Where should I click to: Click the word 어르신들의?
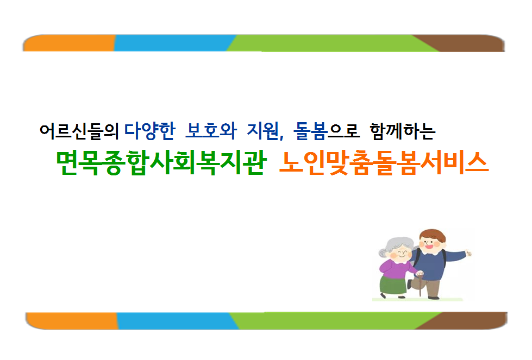(79, 131)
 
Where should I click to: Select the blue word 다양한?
(149, 131)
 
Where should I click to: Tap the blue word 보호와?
(211, 131)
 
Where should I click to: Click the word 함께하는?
(402, 131)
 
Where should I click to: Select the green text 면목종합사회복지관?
(161, 163)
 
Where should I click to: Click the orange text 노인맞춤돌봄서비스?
(384, 163)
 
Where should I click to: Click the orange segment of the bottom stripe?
(72, 321)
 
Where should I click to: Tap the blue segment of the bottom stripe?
(177, 321)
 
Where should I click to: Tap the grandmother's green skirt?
(393, 285)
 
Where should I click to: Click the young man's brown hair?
(433, 235)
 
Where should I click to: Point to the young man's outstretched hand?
(468, 253)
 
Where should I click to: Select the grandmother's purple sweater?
(395, 268)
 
